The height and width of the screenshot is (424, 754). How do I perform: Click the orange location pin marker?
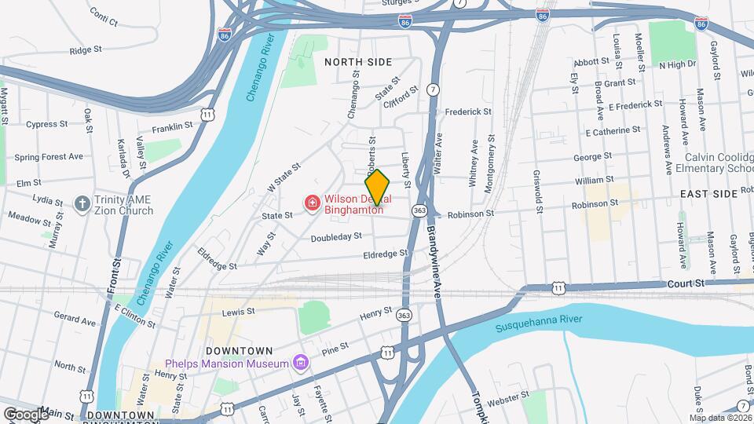(378, 187)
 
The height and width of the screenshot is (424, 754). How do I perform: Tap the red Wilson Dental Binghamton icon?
(313, 204)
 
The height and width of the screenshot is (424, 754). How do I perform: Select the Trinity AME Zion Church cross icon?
(82, 204)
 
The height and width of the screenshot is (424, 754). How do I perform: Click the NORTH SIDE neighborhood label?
(358, 61)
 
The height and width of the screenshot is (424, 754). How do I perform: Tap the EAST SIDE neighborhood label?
(708, 193)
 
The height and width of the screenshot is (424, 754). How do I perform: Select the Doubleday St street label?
(336, 236)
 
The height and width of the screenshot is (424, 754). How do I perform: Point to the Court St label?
(681, 283)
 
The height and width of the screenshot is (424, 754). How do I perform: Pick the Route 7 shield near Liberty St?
(433, 90)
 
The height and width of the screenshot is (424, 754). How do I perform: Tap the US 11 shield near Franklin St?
(207, 115)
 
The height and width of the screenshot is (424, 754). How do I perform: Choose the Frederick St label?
(468, 111)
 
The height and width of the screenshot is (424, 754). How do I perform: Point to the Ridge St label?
(86, 49)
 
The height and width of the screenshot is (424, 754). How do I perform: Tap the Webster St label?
(503, 401)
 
